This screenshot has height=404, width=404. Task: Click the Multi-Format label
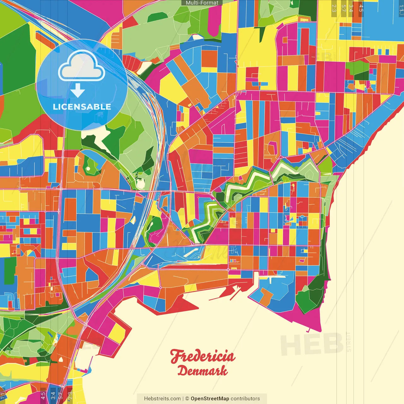coord(202,3)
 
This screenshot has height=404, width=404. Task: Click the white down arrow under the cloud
coord(78,91)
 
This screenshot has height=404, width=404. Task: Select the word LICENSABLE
coord(82,107)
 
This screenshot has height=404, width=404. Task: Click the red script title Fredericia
coord(203,356)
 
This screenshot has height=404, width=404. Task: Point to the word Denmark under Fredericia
coord(202,371)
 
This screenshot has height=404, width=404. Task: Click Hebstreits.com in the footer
coord(162,399)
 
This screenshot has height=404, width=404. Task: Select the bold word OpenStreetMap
coord(210,399)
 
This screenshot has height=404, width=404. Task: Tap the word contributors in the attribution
coord(245,399)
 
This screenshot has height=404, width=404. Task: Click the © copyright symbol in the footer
coord(187,399)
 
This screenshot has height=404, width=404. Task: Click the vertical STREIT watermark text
coord(349,342)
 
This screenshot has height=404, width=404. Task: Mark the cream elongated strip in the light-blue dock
coord(194,251)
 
